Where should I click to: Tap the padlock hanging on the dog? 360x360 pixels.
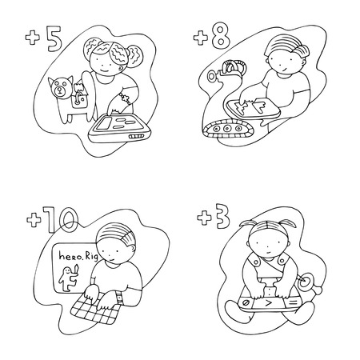tap(80, 100)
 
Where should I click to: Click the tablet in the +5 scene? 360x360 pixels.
tap(119, 127)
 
